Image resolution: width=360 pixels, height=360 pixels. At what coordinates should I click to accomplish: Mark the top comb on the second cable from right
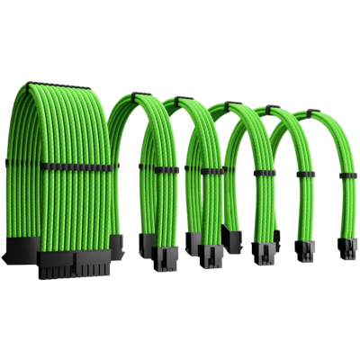(270, 111)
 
